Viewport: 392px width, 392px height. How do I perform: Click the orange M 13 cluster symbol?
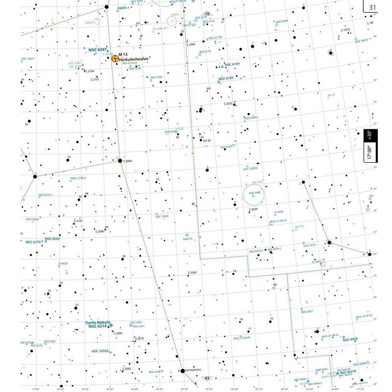point(115,58)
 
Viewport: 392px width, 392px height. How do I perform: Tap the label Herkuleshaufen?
point(134,59)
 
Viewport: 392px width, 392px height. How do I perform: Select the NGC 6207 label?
point(98,50)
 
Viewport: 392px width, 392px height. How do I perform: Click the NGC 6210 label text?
point(97,326)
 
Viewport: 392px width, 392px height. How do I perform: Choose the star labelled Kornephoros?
point(183,371)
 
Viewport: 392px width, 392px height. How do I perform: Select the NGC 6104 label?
point(232,64)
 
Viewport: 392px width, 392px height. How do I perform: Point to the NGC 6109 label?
point(226,78)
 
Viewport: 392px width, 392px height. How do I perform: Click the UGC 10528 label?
point(99,351)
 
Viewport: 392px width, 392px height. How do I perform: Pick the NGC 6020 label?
point(350,339)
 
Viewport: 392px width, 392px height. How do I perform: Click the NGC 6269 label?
point(52,239)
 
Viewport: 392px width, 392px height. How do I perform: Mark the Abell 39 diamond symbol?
point(186,235)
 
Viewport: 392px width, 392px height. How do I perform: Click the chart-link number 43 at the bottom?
point(207,378)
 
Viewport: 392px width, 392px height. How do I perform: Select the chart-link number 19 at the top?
point(207,14)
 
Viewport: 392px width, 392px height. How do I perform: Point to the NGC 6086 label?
point(255,193)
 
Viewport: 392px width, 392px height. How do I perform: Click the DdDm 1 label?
point(125,8)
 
